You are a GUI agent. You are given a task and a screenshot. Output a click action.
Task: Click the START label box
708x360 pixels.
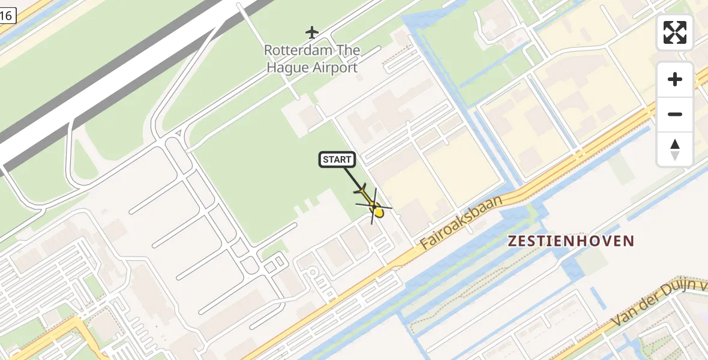pyautogui.click(x=337, y=159)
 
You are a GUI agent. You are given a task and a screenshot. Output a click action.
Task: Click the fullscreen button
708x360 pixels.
pyautogui.click(x=675, y=32)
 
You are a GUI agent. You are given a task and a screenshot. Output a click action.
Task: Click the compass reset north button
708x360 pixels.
pyautogui.click(x=675, y=149)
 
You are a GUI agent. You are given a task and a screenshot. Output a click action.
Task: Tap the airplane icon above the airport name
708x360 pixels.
pyautogui.click(x=312, y=31)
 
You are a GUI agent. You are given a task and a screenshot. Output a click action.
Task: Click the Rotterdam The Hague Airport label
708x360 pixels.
pyautogui.click(x=312, y=59)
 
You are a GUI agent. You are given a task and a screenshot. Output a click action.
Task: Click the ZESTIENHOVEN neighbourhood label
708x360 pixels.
pyautogui.click(x=571, y=241)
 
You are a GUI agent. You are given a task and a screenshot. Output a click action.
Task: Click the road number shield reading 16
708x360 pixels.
pyautogui.click(x=7, y=16)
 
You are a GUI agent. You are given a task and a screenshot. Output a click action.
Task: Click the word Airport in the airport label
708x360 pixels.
pyautogui.click(x=335, y=67)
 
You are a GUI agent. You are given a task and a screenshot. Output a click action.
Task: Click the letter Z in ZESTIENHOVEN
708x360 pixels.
pyautogui.click(x=512, y=241)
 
